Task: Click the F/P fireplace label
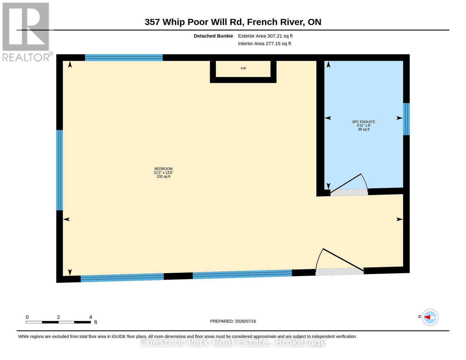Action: pos(243,68)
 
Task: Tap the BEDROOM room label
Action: pos(164,169)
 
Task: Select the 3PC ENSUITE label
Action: pos(363,122)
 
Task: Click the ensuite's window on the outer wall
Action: pos(406,119)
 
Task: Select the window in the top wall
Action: pos(124,58)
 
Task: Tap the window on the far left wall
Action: pos(59,170)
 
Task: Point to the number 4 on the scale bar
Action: pos(91,317)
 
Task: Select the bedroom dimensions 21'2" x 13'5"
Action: pos(164,172)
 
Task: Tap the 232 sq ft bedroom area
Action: pos(164,176)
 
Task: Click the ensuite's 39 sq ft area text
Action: pos(364,129)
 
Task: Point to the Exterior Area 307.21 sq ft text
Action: pos(265,36)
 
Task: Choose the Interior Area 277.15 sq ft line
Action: pos(264,43)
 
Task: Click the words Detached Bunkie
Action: pos(213,36)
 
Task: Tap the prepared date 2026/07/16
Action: pos(245,321)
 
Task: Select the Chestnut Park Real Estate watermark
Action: pos(233,342)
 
